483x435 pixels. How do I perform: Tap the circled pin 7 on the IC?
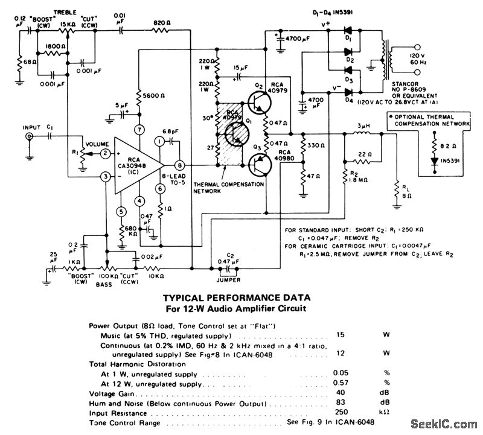point(139,130)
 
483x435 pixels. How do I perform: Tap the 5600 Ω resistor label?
point(155,95)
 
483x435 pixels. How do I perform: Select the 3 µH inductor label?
point(363,125)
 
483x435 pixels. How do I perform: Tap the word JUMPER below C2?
point(229,281)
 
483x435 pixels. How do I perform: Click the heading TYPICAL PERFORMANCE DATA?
point(237,297)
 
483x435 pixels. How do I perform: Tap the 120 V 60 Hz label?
point(417,57)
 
